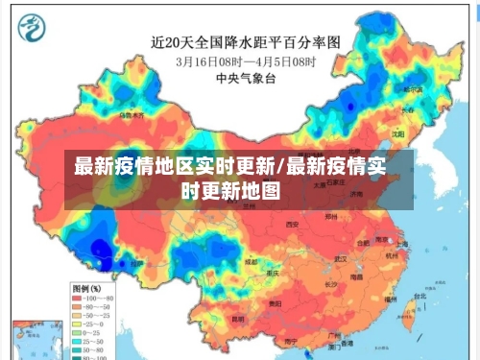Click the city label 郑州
tap(331, 217)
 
